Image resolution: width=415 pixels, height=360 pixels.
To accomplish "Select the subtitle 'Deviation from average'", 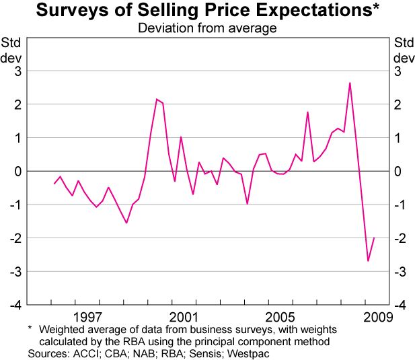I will click(207, 28).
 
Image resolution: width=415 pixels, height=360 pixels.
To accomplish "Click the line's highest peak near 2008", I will click(350, 83).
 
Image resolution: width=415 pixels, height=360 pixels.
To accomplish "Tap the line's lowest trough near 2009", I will click(368, 260).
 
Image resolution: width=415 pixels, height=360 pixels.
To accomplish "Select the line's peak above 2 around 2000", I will click(157, 99).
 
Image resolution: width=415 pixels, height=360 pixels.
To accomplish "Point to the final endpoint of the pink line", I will click(374, 238).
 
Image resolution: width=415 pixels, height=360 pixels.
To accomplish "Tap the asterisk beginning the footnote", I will click(30, 329).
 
